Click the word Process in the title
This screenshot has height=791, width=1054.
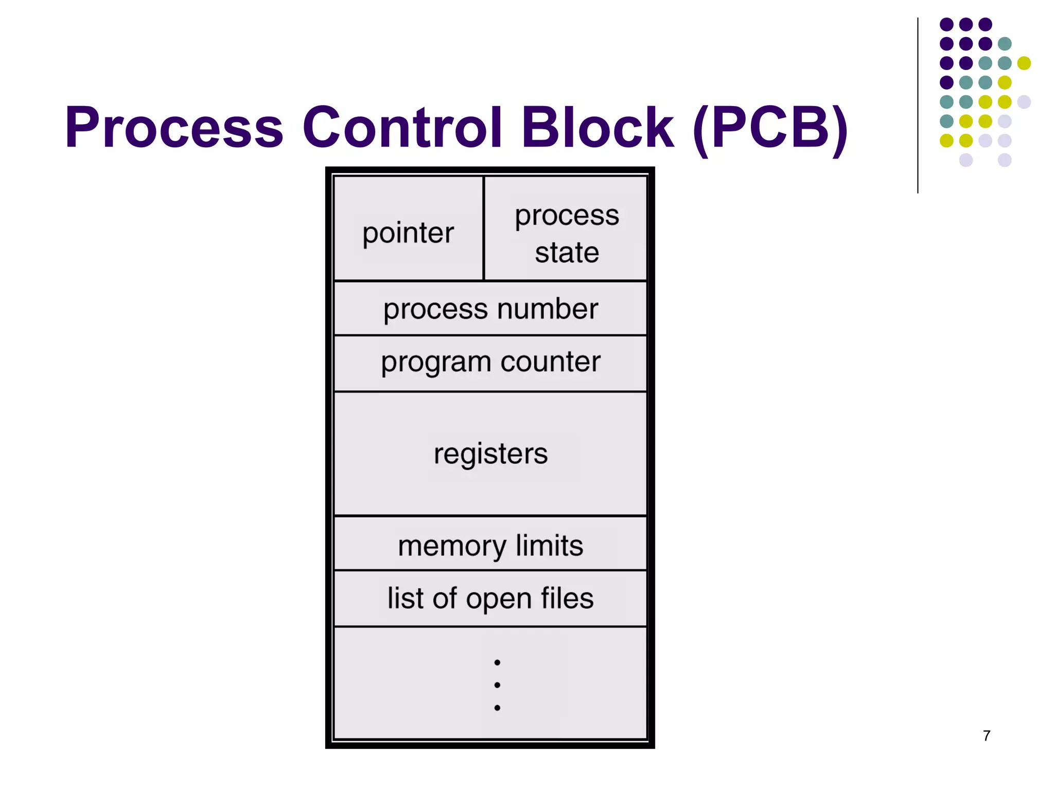point(174,127)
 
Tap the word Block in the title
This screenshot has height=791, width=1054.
point(597,127)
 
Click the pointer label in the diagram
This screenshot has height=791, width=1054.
point(408,233)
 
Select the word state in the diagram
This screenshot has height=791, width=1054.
point(567,253)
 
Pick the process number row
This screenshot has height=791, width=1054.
point(490,309)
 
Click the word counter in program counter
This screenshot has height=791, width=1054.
point(550,362)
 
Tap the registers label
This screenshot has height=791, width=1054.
point(490,454)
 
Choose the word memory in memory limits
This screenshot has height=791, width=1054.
point(452,546)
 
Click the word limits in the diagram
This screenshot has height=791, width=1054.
point(549,545)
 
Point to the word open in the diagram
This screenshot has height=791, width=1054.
point(499,600)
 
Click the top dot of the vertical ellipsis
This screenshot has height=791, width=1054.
point(497,662)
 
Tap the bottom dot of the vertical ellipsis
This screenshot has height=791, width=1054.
point(497,708)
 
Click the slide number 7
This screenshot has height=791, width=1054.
point(986,735)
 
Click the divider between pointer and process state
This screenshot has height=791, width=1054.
point(484,228)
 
